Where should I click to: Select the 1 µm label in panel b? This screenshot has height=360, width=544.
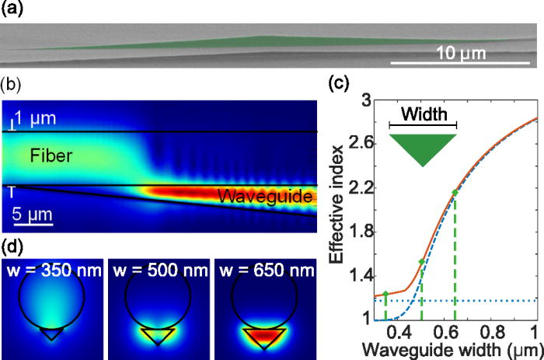[34, 119]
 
